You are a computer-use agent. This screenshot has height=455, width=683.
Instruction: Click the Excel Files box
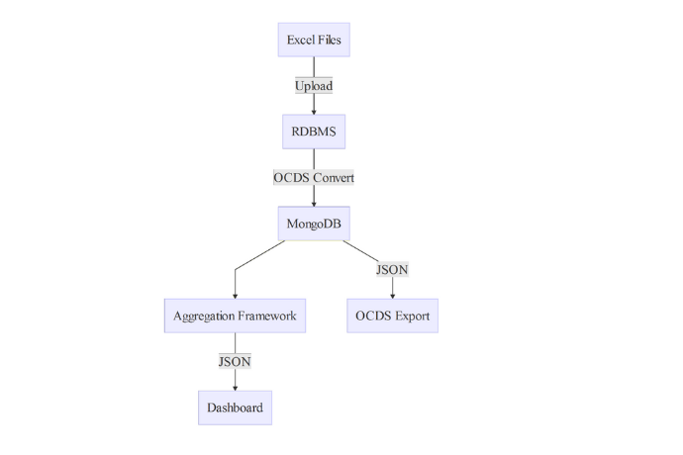(x=314, y=40)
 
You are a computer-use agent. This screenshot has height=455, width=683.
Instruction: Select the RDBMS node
(x=314, y=131)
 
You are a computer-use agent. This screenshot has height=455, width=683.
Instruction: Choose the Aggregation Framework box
(x=235, y=316)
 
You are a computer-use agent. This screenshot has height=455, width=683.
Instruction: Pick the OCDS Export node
(x=393, y=316)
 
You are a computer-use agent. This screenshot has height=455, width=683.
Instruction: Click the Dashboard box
(x=235, y=408)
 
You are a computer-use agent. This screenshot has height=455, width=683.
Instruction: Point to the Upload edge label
(x=314, y=85)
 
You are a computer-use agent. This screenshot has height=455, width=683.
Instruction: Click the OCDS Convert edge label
(x=314, y=177)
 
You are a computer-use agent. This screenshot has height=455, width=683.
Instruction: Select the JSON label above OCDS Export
(x=393, y=269)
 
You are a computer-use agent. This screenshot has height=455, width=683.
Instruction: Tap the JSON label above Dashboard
(x=235, y=361)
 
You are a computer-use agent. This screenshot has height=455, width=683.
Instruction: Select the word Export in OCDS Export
(x=412, y=316)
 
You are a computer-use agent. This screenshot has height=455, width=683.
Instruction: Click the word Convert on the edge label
(x=333, y=177)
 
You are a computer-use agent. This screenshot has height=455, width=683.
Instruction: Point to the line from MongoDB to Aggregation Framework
(x=259, y=255)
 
